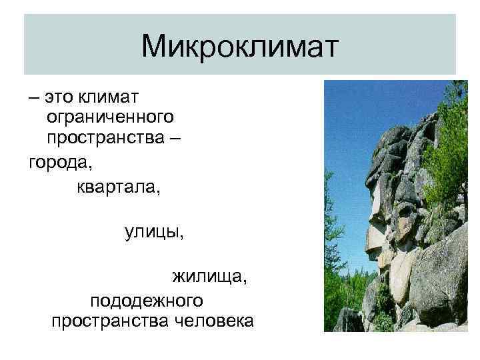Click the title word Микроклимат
coord(240,46)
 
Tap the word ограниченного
coord(111,117)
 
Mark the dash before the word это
coord(33,98)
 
